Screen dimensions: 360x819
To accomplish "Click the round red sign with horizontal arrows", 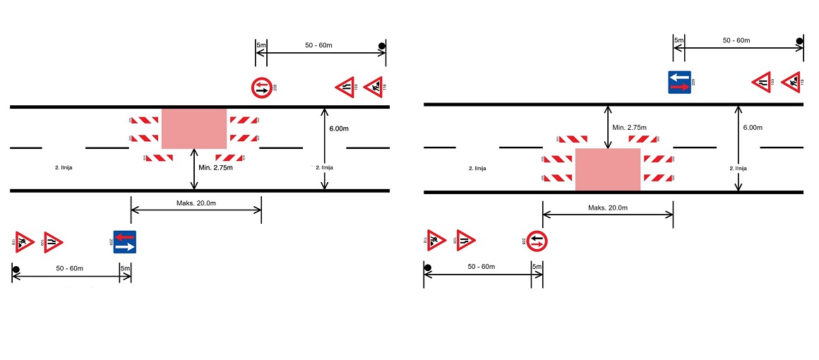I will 261,88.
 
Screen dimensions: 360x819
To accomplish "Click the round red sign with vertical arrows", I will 537,241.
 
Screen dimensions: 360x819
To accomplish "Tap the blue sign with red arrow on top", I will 125,241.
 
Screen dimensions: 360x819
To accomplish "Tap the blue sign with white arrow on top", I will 679,82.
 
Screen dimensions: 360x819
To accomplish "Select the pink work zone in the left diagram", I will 194,128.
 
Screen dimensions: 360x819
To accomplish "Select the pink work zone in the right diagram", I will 608,169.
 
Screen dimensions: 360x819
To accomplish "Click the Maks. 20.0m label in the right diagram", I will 608,208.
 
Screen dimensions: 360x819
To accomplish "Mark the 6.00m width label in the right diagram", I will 753,128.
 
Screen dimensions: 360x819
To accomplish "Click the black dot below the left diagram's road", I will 16,269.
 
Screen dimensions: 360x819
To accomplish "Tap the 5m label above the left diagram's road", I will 261,45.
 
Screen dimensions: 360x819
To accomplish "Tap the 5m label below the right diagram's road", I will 537,266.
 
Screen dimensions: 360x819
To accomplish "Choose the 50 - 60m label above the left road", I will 318,45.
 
